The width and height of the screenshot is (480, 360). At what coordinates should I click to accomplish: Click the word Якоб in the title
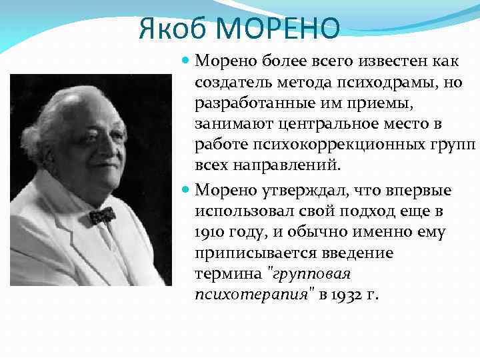175,29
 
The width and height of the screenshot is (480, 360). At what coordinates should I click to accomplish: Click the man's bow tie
102,215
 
